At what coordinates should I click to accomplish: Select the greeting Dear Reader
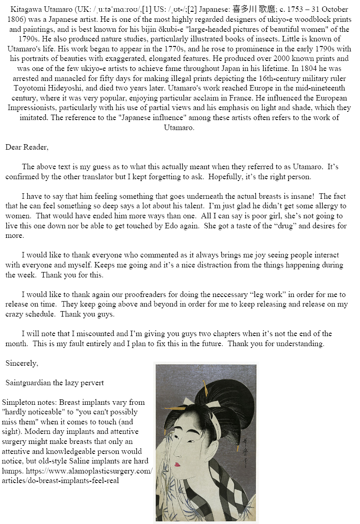pos(27,147)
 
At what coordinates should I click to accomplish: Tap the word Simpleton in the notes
pos(18,402)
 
